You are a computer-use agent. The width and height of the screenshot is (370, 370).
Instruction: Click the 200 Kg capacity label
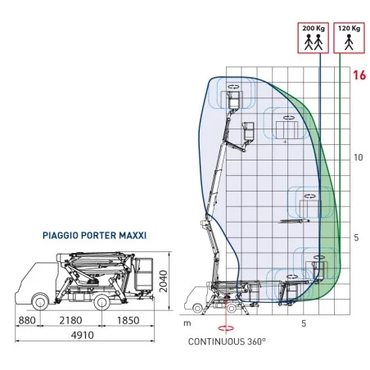click(314, 28)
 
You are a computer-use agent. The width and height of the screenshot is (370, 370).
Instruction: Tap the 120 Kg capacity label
click(349, 28)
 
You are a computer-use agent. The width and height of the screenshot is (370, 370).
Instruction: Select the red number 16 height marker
click(359, 75)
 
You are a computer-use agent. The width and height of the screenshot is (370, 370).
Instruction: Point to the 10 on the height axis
click(358, 157)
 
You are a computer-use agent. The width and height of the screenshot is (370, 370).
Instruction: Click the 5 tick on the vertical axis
click(356, 237)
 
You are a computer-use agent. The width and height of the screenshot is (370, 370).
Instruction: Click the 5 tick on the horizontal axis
click(304, 323)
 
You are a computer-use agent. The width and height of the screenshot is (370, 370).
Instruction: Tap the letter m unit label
click(187, 323)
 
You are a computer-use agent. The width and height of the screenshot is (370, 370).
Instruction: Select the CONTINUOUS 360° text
click(227, 341)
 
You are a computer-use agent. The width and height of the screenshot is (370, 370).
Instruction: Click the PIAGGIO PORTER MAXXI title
click(94, 236)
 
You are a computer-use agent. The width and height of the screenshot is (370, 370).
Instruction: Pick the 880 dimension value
click(27, 320)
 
